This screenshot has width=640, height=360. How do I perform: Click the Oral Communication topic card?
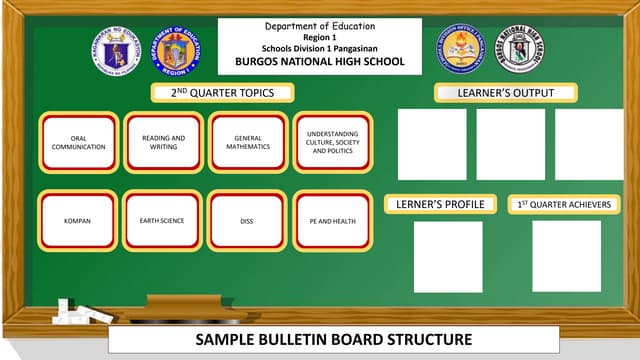coord(79,142)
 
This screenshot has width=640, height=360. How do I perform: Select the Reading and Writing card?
coord(162,142)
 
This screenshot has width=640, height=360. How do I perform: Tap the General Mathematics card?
coord(246,142)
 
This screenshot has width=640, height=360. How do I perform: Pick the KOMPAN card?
coord(79,220)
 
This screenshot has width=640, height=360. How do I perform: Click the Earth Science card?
coord(162,220)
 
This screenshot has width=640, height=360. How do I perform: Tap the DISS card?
coord(246,220)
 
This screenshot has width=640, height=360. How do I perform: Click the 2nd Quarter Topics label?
coord(225,93)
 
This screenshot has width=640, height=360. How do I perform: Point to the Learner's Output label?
coord(506,93)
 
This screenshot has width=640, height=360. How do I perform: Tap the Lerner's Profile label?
coord(440,204)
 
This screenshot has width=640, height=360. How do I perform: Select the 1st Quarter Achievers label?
coord(564,204)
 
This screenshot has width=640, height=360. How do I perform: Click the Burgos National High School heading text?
coord(319,61)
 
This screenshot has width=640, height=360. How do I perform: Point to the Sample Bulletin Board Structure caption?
coord(319,339)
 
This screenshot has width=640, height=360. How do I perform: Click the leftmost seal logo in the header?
coord(115,50)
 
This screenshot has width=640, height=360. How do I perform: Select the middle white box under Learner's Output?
coord(510,144)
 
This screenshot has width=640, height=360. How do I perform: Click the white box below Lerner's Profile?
coord(447,257)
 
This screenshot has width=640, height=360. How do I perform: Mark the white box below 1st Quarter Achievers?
coord(566,257)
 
